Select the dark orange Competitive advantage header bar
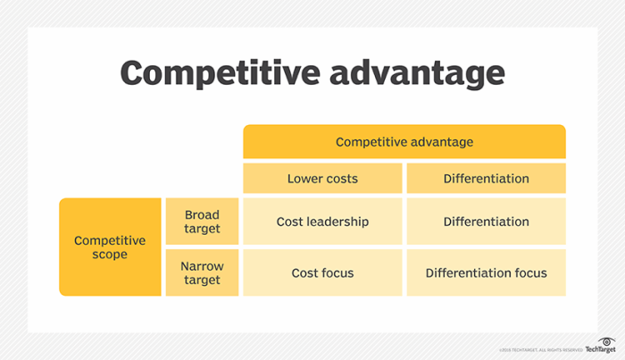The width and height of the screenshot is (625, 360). point(404,142)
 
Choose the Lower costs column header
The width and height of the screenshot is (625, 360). point(322,179)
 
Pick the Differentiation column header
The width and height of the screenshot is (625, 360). point(486,179)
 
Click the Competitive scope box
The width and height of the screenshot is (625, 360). point(109,247)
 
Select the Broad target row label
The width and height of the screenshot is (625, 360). point(202,222)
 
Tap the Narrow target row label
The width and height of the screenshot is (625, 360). point(202,273)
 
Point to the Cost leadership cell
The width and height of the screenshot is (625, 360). point(322,222)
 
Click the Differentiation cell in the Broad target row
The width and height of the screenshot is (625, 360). point(486,222)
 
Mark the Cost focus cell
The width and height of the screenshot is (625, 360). point(322,272)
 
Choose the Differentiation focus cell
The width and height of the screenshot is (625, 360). point(486,272)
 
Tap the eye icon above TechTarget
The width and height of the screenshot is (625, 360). point(608,339)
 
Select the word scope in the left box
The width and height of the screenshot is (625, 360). point(109,255)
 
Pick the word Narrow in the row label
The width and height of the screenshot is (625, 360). point(202,266)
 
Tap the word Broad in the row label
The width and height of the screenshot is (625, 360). point(202,214)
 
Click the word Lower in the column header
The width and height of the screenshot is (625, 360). point(304,179)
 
